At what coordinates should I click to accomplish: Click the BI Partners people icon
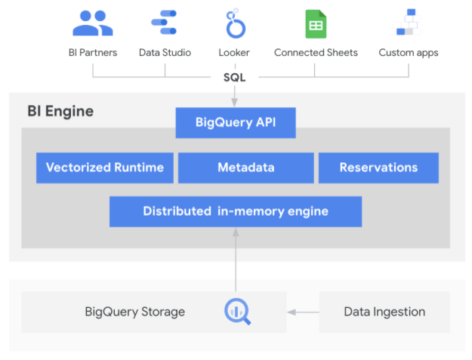point(92,24)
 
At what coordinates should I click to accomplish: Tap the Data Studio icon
point(164,24)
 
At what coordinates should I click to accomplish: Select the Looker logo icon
point(236,24)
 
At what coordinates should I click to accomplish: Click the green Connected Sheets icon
point(315,24)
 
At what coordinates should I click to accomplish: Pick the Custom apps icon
point(408,23)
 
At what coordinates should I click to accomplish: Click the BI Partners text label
point(92,53)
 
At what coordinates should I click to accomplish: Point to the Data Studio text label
point(165,53)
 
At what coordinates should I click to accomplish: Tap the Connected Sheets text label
point(316,53)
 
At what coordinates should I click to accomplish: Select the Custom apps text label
point(408,53)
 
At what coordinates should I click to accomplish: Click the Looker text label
point(236,53)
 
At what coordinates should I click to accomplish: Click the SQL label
point(235,77)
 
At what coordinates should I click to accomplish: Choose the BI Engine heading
point(60,112)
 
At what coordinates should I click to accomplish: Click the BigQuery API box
point(235,122)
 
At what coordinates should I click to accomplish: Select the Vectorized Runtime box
point(105,168)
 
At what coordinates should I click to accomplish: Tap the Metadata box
point(245,168)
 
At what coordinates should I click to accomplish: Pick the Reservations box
point(378,168)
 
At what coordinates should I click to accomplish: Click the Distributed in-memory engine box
point(235,211)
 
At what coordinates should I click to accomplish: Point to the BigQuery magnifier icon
point(236,311)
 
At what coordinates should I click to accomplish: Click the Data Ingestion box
point(384,312)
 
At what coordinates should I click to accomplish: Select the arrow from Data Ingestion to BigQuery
point(302,312)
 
